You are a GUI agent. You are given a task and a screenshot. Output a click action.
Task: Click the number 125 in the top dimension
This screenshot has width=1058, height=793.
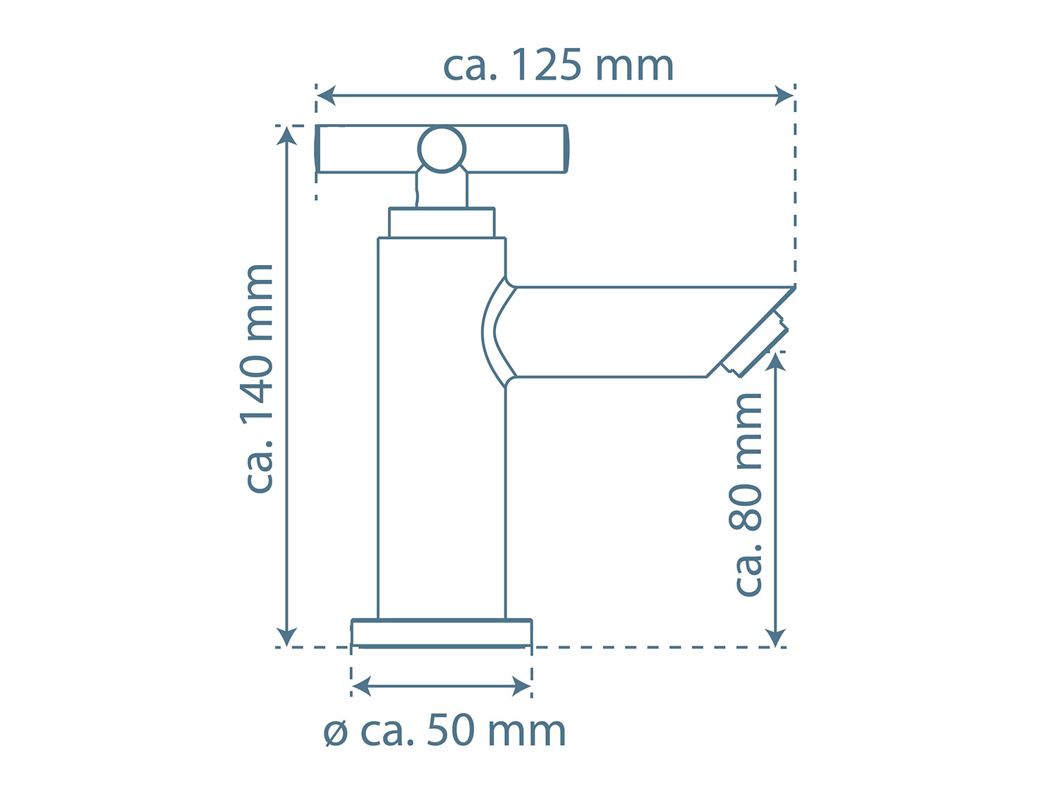(x=546, y=65)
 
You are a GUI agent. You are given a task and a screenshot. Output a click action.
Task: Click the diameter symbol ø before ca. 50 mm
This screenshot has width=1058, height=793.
(x=336, y=734)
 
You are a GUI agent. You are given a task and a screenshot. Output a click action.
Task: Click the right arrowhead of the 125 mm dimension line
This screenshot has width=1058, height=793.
(x=784, y=95)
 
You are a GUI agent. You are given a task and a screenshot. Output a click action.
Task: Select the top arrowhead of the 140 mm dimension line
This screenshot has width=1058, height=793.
(x=287, y=136)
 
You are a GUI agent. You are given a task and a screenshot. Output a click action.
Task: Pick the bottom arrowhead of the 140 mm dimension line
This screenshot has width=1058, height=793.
(x=287, y=637)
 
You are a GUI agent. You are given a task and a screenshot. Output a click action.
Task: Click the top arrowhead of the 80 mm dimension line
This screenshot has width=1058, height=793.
(x=776, y=362)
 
